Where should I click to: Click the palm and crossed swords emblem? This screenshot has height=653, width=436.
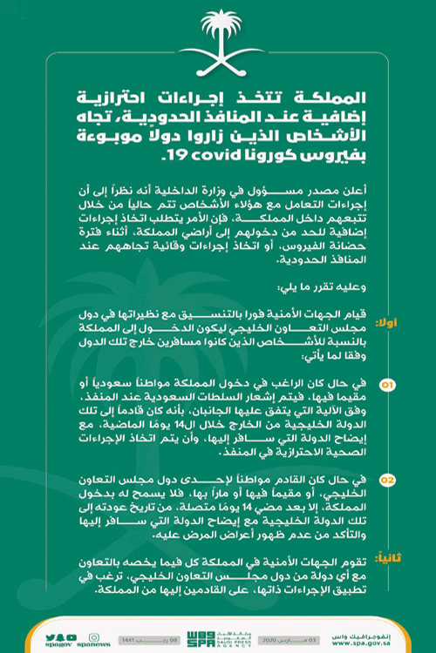(217, 44)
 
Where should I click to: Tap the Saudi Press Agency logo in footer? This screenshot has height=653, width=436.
(218, 632)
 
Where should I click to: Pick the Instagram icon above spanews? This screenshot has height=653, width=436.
(90, 627)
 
